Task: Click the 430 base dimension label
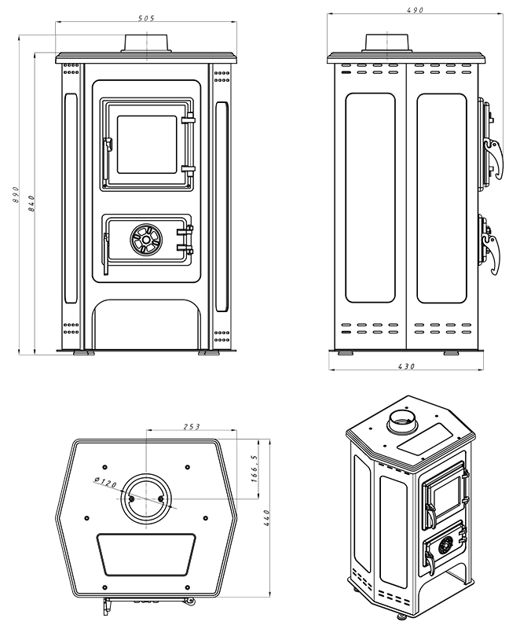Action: click(405, 366)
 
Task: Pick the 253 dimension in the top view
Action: click(192, 426)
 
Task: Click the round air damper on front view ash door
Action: click(145, 240)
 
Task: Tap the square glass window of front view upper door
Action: click(146, 145)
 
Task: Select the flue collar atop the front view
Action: click(146, 44)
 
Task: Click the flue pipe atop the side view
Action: click(386, 42)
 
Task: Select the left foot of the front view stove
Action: click(81, 353)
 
